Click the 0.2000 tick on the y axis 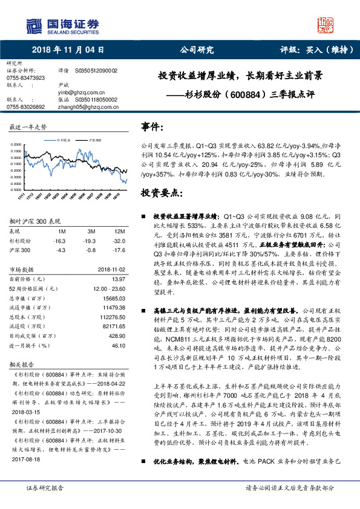(18, 144)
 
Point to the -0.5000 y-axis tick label (17, 190)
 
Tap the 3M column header (91, 232)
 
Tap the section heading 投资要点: (160, 193)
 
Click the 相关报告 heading (23, 365)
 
